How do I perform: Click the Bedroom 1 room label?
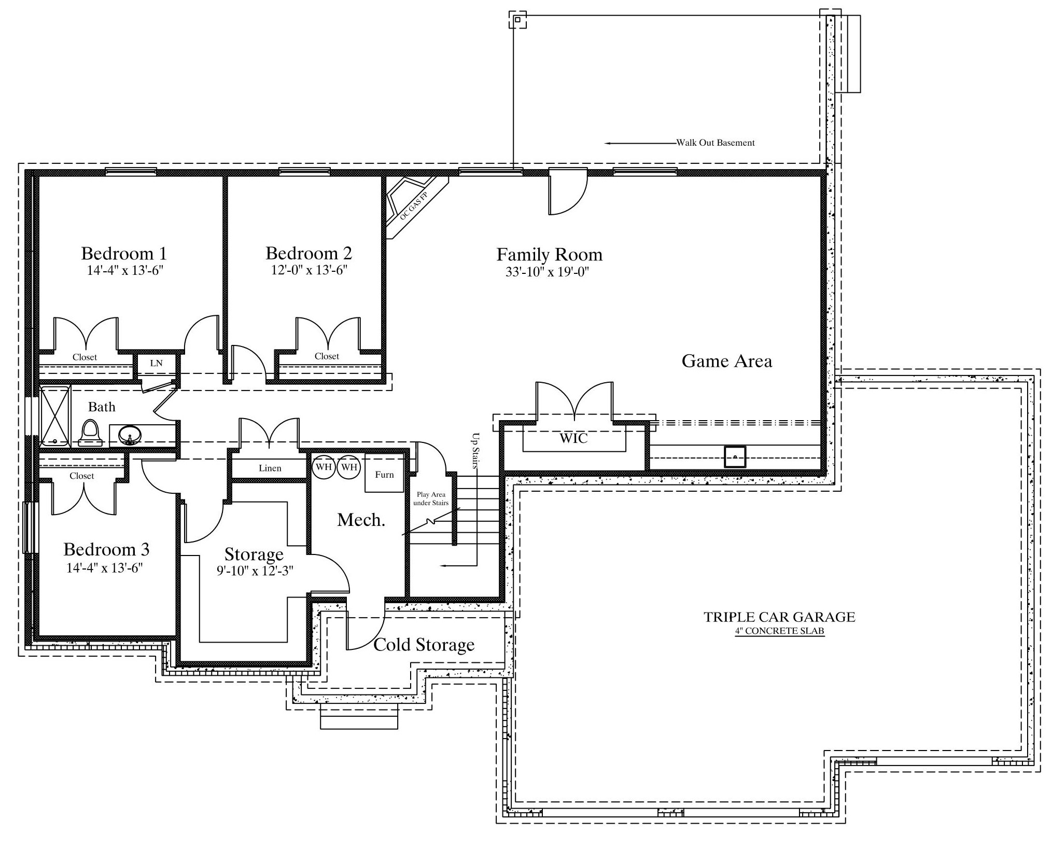click(x=124, y=254)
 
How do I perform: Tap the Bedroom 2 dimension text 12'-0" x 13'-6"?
click(x=309, y=270)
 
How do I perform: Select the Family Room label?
click(x=550, y=255)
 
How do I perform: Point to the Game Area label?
click(x=727, y=361)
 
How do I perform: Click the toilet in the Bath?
click(x=90, y=433)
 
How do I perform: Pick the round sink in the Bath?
click(x=130, y=435)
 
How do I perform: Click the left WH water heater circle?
click(x=324, y=467)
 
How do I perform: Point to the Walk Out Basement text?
click(x=716, y=143)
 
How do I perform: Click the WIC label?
click(x=574, y=439)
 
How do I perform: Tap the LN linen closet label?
click(x=156, y=364)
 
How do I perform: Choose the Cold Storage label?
click(x=424, y=645)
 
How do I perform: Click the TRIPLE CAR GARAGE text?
click(x=779, y=617)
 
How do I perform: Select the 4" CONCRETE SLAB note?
click(x=779, y=631)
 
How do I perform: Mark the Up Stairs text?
click(x=475, y=451)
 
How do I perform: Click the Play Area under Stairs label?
click(x=431, y=499)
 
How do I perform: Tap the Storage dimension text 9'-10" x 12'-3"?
click(x=255, y=571)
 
